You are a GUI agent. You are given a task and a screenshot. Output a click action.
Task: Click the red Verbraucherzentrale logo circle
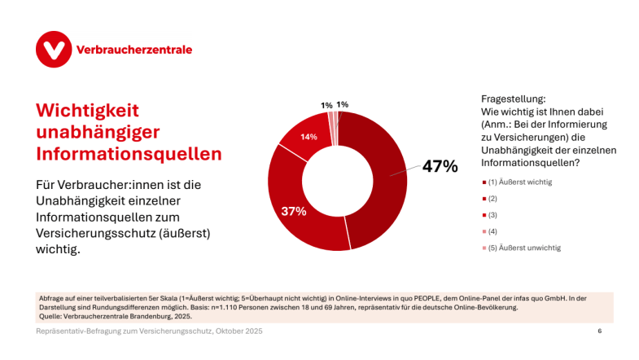[x=54, y=50]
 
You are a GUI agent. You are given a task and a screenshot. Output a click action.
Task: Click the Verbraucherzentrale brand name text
[x=133, y=50]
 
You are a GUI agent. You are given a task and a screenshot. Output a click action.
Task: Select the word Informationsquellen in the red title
[x=129, y=152]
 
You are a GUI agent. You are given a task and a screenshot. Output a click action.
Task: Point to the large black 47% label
[x=440, y=167]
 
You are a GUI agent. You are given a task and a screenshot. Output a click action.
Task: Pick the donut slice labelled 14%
[x=305, y=136]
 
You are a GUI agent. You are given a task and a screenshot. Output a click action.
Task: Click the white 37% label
[x=293, y=211]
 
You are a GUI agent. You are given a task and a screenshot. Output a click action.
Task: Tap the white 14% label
[x=309, y=137]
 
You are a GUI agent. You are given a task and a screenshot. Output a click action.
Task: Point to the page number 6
[x=599, y=331]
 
